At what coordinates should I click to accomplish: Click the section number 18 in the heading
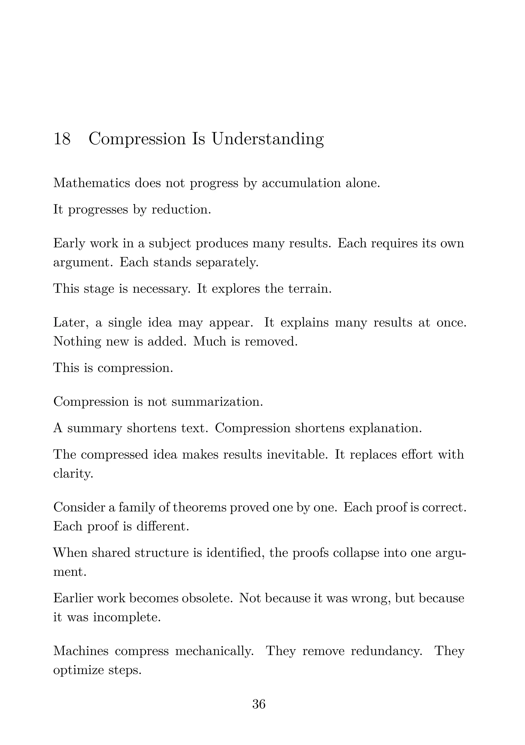point(62,139)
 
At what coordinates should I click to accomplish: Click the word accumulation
point(301,183)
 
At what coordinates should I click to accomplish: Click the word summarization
point(217,402)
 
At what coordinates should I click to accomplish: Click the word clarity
point(73,474)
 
